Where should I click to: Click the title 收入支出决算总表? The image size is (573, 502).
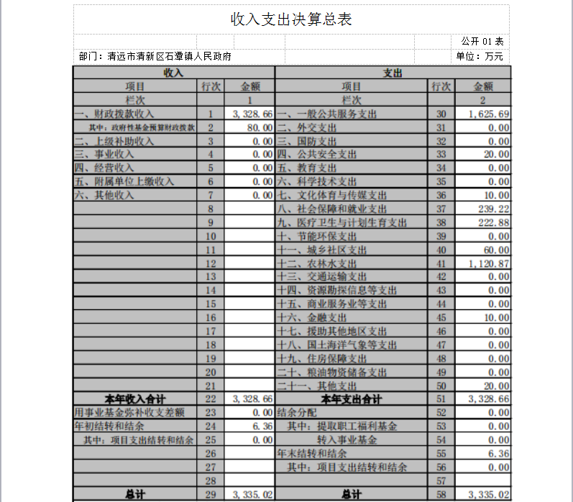(x=291, y=19)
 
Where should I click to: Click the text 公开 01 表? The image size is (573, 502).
(x=482, y=41)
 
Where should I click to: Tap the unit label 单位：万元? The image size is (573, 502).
(x=480, y=56)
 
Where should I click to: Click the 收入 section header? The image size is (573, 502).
(x=173, y=73)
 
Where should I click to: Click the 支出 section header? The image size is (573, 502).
(x=393, y=73)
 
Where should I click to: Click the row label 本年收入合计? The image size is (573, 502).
(x=136, y=398)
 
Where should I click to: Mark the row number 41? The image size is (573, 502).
(x=441, y=263)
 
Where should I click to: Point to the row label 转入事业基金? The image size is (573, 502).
(x=347, y=439)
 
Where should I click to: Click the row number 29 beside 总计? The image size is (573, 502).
(x=210, y=494)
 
